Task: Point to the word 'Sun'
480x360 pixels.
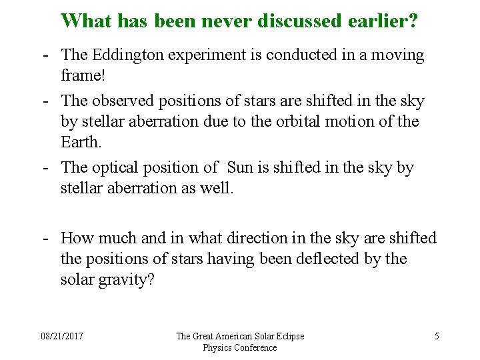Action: click(241, 167)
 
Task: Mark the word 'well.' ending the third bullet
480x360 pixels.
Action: click(217, 188)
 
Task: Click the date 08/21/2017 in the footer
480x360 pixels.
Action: click(61, 336)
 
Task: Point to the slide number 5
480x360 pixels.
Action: click(437, 336)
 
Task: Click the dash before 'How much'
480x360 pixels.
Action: click(45, 238)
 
